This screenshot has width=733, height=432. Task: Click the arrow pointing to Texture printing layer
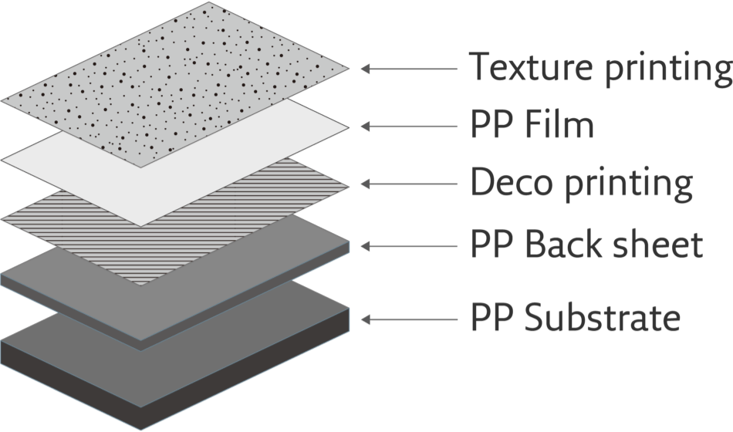tap(409, 69)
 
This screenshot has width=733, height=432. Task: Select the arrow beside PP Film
tap(409, 126)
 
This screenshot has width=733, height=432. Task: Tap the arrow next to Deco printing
tap(409, 184)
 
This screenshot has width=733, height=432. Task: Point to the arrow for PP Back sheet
tap(409, 246)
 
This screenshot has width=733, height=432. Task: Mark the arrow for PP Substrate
tap(409, 318)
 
